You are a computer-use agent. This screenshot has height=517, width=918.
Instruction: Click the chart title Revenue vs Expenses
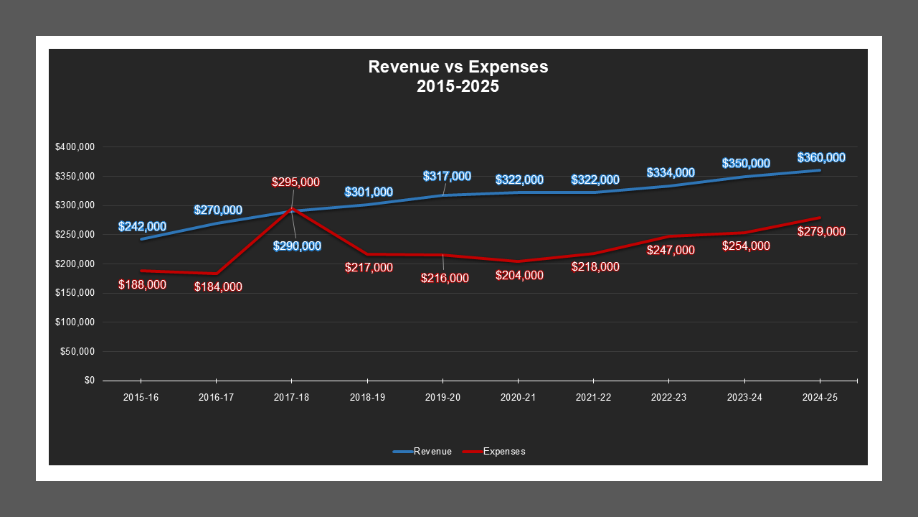click(x=458, y=67)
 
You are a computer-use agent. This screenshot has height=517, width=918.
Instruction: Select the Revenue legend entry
click(x=432, y=452)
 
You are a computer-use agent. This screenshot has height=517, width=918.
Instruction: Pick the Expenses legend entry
click(x=504, y=452)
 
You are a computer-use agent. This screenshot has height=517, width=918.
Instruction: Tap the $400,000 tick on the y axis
click(x=75, y=147)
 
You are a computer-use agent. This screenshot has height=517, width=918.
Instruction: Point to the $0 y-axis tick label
click(x=89, y=381)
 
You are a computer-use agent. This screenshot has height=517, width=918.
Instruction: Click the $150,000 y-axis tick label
click(x=75, y=293)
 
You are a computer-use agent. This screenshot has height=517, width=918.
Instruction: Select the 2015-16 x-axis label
click(x=141, y=396)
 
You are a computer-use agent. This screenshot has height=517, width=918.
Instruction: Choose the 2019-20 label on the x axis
click(x=443, y=396)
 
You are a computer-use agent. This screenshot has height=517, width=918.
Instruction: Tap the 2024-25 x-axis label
click(x=820, y=396)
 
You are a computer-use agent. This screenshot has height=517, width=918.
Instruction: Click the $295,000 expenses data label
click(x=295, y=182)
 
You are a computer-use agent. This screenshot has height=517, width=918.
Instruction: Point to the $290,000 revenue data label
click(x=297, y=246)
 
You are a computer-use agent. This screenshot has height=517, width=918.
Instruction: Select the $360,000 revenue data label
click(x=821, y=158)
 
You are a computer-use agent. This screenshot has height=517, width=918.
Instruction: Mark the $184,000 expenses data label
click(x=218, y=287)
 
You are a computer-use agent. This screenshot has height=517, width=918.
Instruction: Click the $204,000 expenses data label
click(x=519, y=276)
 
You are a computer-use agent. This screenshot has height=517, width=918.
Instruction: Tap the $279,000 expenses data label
click(x=821, y=232)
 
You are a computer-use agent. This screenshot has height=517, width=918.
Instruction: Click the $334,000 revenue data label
click(x=671, y=173)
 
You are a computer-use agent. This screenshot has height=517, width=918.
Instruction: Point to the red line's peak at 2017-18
click(x=292, y=209)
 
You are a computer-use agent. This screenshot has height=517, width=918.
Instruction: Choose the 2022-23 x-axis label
click(x=668, y=396)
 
